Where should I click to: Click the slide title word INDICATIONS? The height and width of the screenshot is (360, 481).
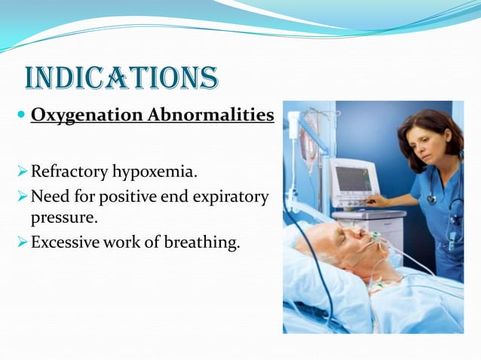(x=121, y=78)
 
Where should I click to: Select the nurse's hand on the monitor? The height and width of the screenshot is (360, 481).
(x=375, y=201)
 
